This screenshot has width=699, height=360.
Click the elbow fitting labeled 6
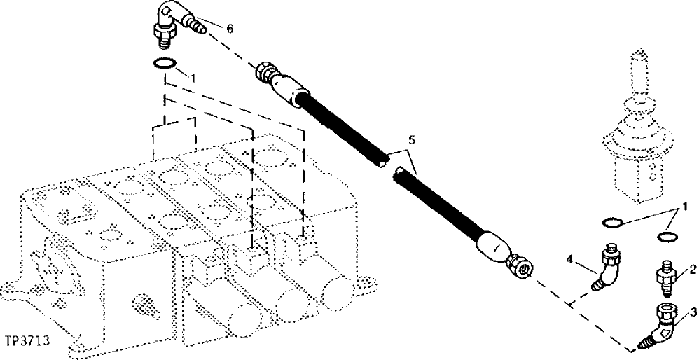click(171, 21)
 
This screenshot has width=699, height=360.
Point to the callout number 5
click(411, 140)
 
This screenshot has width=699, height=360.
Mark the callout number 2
click(691, 268)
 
